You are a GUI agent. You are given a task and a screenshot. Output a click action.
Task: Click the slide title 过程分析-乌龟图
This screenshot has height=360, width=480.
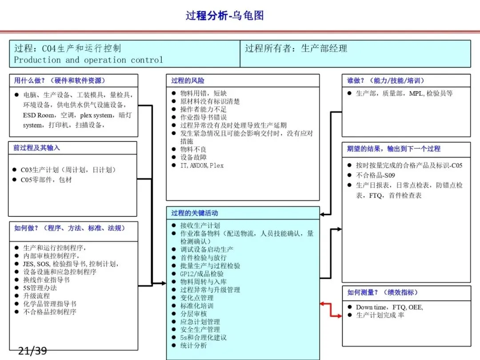click(x=224, y=15)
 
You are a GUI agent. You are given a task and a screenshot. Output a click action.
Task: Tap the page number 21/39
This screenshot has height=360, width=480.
click(x=32, y=351)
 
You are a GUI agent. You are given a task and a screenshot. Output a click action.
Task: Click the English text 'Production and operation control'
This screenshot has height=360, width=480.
click(x=88, y=60)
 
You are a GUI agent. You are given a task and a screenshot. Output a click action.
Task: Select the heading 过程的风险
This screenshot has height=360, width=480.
click(x=188, y=80)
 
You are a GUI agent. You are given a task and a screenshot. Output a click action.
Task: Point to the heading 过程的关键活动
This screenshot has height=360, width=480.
click(x=194, y=213)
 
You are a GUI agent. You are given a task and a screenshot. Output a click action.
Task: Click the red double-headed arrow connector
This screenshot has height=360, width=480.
click(x=331, y=310)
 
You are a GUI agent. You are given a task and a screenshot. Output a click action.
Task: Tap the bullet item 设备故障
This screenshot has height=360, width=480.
click(x=193, y=157)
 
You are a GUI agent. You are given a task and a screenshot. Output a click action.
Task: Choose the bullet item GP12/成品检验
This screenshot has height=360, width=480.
click(x=202, y=274)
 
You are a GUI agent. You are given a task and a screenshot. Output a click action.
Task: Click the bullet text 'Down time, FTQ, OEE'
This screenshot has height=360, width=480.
click(x=389, y=307)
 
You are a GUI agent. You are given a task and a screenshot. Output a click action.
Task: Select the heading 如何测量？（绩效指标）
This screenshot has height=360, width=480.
click(x=382, y=292)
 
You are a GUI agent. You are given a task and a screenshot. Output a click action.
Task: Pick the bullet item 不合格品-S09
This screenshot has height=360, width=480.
click(x=375, y=175)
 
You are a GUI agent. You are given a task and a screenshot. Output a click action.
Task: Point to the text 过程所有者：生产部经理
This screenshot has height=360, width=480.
click(x=296, y=48)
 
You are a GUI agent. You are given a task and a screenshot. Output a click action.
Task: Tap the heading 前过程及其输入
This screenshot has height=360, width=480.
click(x=36, y=148)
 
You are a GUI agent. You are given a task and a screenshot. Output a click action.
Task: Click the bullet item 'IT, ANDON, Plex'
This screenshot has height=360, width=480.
click(x=202, y=165)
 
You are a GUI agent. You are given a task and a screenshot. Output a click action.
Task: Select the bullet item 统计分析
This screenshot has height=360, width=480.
click(x=193, y=345)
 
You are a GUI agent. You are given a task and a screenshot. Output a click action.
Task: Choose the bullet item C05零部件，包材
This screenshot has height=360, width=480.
click(x=46, y=180)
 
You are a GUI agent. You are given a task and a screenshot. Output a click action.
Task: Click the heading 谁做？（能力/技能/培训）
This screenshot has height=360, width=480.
click(x=386, y=80)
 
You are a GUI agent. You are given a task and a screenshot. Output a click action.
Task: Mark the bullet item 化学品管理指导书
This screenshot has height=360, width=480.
click(x=50, y=304)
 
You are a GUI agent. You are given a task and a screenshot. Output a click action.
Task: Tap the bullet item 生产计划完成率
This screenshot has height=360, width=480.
click(x=380, y=315)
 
